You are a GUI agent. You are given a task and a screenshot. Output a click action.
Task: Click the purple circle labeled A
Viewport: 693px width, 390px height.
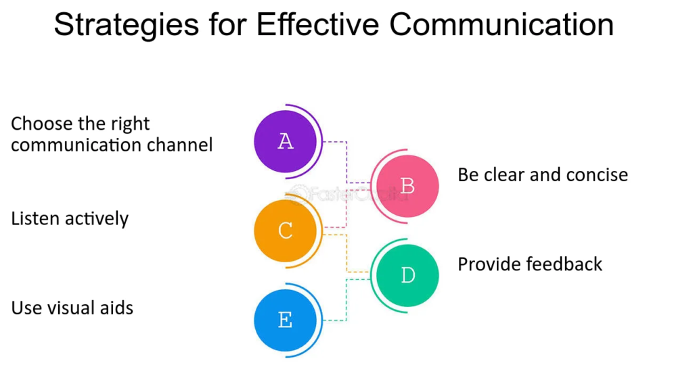[x=286, y=141]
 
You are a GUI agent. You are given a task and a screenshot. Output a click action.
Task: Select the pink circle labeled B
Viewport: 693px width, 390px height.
[x=407, y=186]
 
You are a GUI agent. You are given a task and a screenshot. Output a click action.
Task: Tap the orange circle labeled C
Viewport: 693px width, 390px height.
[x=286, y=230]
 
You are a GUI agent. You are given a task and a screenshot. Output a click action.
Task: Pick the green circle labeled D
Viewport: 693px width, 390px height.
[x=407, y=276]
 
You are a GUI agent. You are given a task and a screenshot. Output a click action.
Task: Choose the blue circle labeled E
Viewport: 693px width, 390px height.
[x=286, y=320]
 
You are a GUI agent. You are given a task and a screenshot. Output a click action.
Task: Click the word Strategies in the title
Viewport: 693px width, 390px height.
[x=127, y=25]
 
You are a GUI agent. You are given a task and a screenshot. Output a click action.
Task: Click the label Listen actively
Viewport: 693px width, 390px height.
[x=70, y=218]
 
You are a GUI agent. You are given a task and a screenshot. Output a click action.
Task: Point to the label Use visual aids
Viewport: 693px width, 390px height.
[x=72, y=308]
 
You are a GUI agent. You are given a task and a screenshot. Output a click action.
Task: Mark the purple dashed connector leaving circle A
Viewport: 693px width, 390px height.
[x=346, y=162]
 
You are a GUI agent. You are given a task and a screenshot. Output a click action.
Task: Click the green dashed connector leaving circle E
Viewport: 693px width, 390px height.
[x=346, y=300]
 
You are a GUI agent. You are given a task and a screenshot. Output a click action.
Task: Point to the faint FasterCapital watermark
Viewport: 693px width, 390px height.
[x=347, y=194]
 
